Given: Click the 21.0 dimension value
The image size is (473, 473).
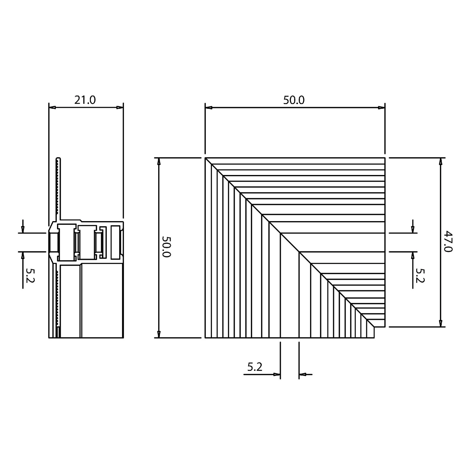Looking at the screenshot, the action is pos(85,100).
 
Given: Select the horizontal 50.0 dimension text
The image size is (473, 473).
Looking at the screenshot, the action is pos(294,100).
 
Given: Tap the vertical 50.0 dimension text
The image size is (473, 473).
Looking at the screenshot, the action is pos(166,247).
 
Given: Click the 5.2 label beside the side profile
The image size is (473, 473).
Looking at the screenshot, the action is pos(30,275).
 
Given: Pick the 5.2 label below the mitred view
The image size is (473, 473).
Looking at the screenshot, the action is pos(255,367).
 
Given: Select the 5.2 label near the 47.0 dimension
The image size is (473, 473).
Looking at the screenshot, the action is pos(420,275).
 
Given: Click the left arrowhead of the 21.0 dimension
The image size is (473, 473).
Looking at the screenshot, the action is pos(52,107).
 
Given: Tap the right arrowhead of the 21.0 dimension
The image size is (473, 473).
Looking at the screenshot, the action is pos(120,107).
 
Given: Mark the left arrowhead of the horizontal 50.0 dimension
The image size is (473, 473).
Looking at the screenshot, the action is pos(209,107).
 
